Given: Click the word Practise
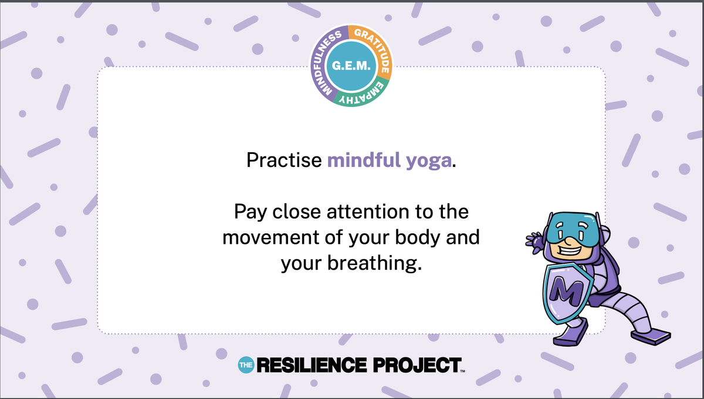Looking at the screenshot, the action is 284,160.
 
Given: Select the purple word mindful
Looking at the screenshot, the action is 364,160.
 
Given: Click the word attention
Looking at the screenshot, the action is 368,212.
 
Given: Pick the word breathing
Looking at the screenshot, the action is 375,263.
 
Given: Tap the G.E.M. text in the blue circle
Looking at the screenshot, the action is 351,66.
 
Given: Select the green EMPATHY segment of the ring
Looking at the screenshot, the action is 361,96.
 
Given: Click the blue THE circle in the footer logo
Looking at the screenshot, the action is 246,365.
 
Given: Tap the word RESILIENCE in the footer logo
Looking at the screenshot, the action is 312,365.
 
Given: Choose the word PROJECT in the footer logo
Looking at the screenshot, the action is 417,365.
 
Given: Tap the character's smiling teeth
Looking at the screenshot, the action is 570,251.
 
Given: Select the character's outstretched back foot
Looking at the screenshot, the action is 651,336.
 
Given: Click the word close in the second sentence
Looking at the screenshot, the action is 296,212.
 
